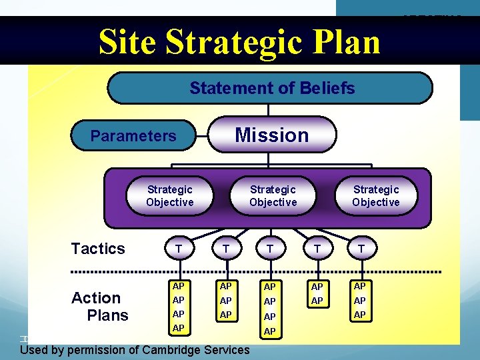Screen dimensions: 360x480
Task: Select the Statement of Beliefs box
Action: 270,88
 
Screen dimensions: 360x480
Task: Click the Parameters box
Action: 133,136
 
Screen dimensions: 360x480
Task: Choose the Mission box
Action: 272,135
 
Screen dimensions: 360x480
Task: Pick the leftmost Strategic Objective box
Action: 170,196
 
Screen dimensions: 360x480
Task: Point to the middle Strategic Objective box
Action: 273,196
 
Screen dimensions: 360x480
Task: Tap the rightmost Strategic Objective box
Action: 376,196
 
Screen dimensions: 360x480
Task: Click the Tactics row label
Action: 98,249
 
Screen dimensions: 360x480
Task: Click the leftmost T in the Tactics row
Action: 178,249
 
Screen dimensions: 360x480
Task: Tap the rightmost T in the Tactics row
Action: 361,249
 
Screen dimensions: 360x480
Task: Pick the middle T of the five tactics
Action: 269,249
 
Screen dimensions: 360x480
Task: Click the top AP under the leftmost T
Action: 178,286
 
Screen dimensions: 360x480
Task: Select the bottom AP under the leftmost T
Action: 178,329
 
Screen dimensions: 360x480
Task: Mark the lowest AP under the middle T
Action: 269,331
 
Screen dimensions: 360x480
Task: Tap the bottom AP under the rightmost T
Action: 360,315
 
